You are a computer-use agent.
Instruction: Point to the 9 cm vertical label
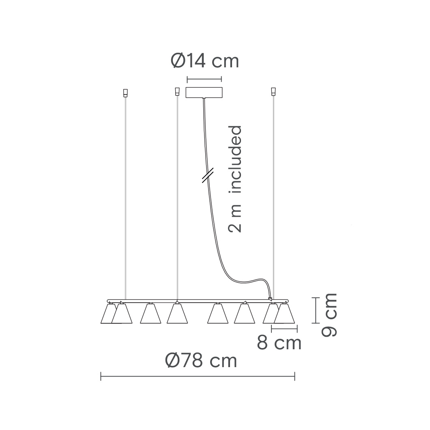[x=329, y=315]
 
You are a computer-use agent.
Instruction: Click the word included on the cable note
[x=235, y=159]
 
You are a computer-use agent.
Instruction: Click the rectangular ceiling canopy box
[x=204, y=92]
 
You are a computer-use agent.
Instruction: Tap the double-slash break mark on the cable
[x=208, y=176]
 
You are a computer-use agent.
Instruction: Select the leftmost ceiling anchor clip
[x=125, y=93]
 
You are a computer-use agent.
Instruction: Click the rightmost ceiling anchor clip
[x=273, y=92]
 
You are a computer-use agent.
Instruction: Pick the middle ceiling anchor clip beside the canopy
[x=177, y=92]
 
